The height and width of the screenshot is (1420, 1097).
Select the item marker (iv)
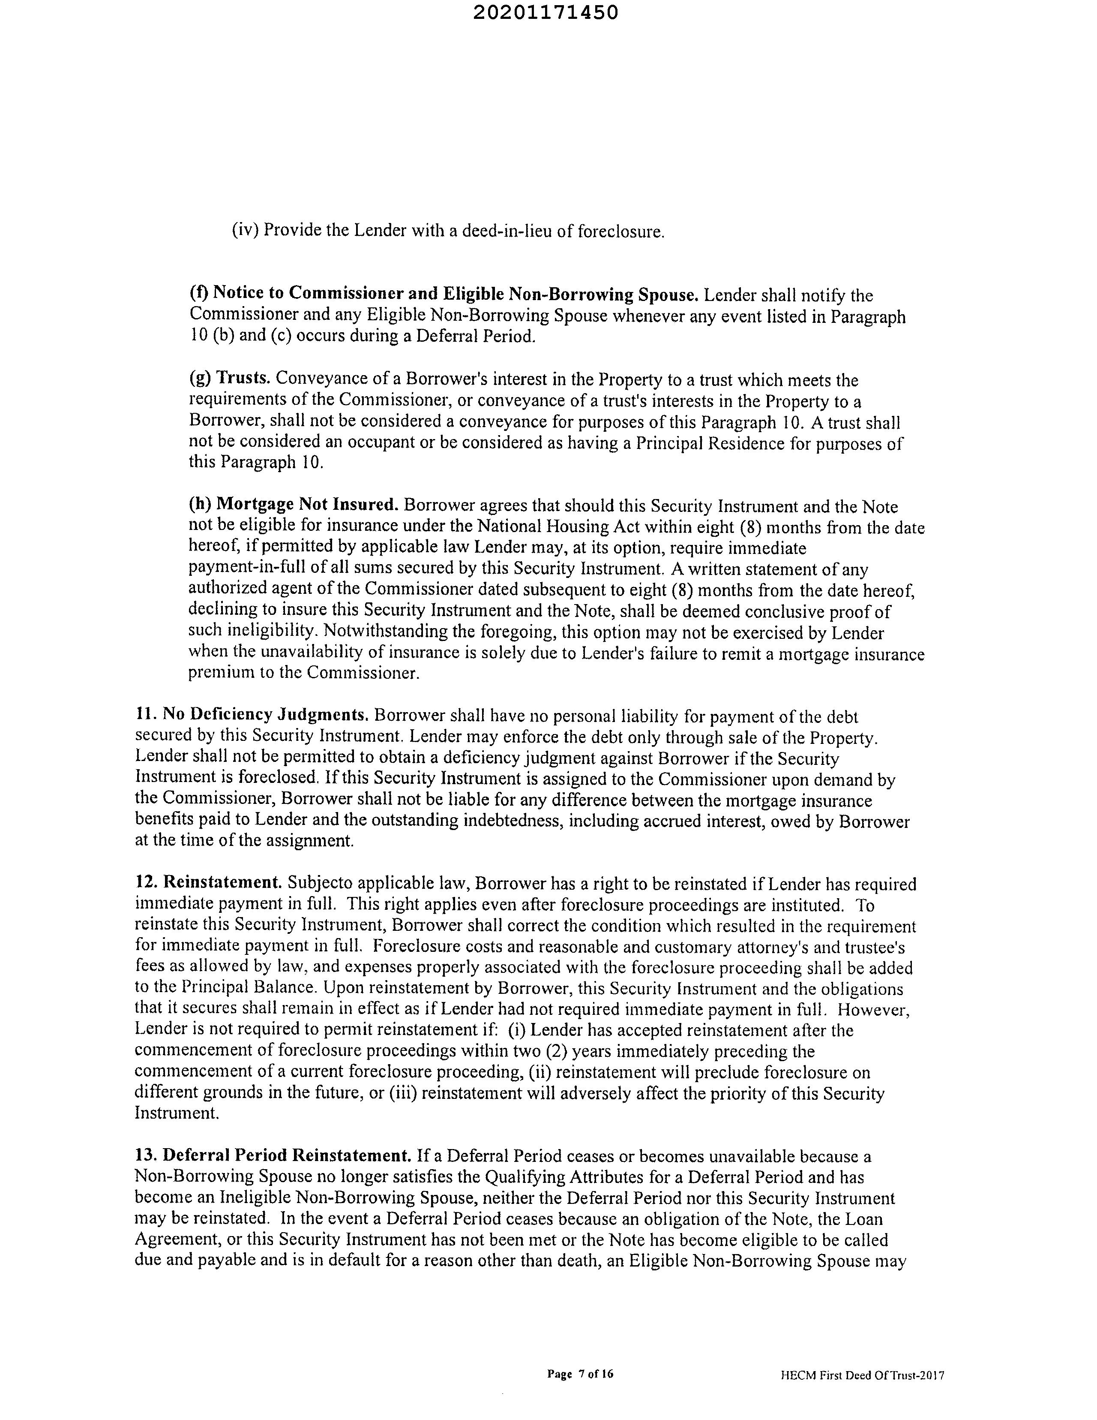[x=246, y=230]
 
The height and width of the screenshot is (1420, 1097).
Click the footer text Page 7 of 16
[x=580, y=1374]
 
